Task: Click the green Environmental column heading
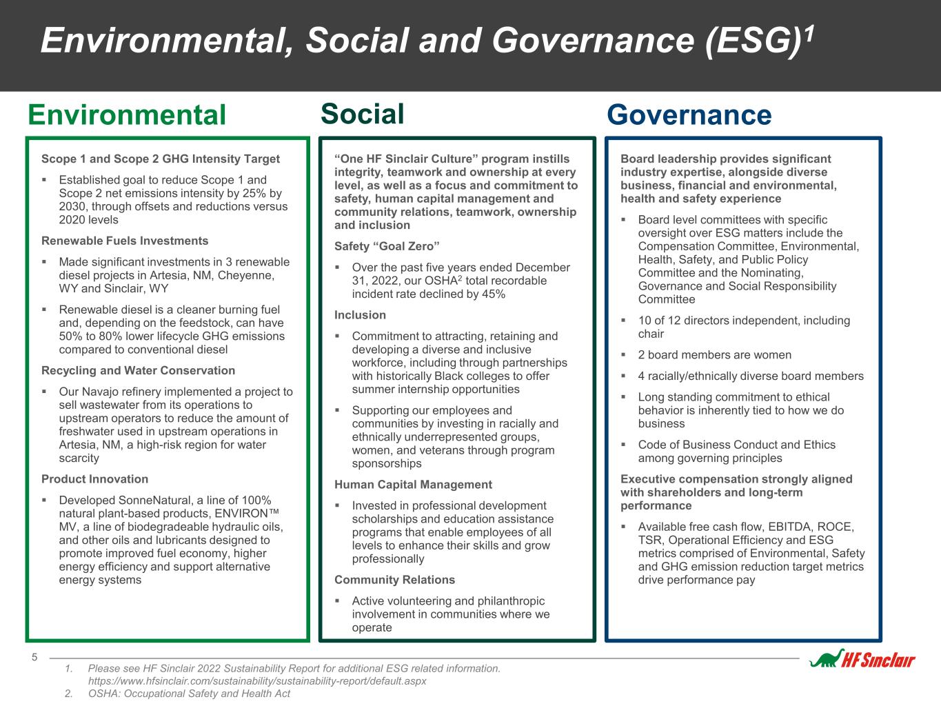tap(127, 115)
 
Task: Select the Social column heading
tap(362, 114)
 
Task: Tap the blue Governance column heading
tap(689, 115)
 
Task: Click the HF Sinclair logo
tap(862, 659)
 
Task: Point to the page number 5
tap(34, 657)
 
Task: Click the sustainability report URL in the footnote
tap(257, 681)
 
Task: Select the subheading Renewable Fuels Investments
tap(125, 241)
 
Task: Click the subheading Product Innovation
tap(94, 479)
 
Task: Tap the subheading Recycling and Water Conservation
tap(138, 371)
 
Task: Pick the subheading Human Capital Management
tap(413, 485)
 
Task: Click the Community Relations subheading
tap(394, 580)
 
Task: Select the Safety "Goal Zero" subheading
tap(387, 246)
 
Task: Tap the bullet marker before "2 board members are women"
tap(624, 355)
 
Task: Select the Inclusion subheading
tap(360, 315)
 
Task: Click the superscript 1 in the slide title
tap(809, 33)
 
